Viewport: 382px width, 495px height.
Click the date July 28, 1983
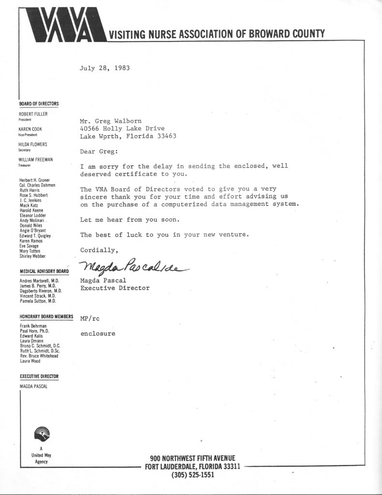pos(104,68)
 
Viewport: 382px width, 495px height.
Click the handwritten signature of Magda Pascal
pos(133,266)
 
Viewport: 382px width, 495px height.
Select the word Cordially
pos(99,250)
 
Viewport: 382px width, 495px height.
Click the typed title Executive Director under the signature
pos(114,288)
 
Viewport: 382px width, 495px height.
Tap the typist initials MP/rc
pos(90,319)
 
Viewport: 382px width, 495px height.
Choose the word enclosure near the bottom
pos(98,334)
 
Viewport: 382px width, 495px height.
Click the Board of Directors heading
pos(39,103)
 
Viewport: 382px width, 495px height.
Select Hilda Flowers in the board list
pos(33,145)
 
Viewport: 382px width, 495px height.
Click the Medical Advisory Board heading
pos(43,272)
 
